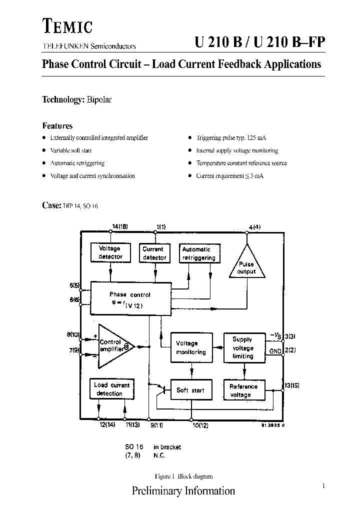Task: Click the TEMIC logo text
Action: pyautogui.click(x=67, y=25)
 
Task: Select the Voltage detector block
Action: pyautogui.click(x=109, y=253)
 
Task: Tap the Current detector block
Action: pyautogui.click(x=153, y=253)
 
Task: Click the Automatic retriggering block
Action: pyautogui.click(x=198, y=253)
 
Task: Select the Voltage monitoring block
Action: pyautogui.click(x=190, y=347)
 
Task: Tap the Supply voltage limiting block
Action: pyautogui.click(x=243, y=347)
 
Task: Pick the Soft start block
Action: pyautogui.click(x=190, y=390)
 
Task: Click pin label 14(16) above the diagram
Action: pyautogui.click(x=120, y=227)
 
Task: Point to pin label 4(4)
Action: pyautogui.click(x=254, y=227)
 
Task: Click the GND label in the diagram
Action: pyautogui.click(x=275, y=351)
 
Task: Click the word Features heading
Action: pyautogui.click(x=57, y=126)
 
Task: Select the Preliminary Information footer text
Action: pyautogui.click(x=183, y=490)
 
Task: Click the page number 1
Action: pyautogui.click(x=323, y=485)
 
